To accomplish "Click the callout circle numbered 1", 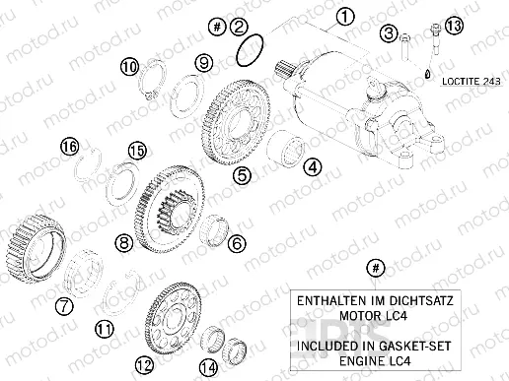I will pos(343,16).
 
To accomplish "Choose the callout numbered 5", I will pos(241,174).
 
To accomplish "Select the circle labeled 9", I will pos(203,63).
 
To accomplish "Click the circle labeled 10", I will pos(129,65).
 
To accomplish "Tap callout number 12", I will pos(144,363).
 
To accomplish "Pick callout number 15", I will pos(136,150).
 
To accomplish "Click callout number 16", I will pos(68,147).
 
